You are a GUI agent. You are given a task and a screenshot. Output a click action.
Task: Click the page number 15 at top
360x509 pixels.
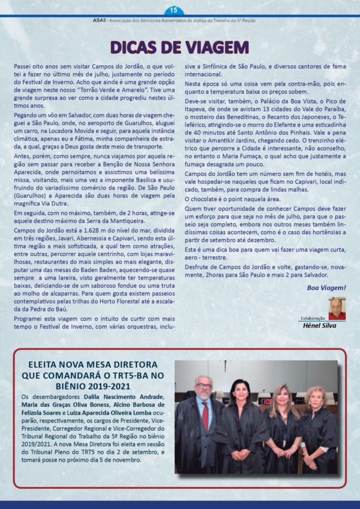click(x=174, y=10)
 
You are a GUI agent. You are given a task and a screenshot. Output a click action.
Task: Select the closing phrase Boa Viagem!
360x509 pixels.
click(x=326, y=287)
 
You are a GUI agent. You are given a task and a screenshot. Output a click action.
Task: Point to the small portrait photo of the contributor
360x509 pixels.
click(x=337, y=308)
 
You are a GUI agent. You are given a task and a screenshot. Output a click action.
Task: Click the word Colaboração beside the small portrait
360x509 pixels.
click(x=313, y=318)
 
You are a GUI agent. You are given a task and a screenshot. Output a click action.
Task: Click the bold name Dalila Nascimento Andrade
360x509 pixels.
click(x=124, y=397)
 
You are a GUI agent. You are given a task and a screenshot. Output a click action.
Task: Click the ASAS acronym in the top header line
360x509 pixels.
click(x=84, y=20)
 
